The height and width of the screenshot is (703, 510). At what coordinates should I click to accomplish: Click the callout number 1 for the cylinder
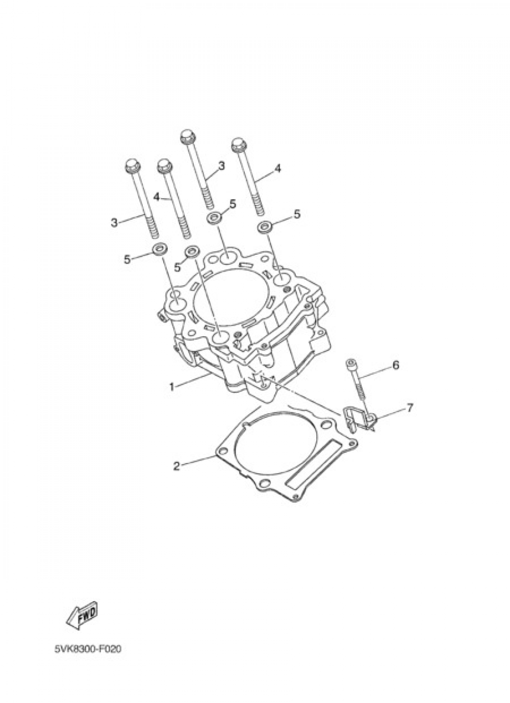172,387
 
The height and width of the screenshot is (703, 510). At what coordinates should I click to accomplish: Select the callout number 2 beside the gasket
176,466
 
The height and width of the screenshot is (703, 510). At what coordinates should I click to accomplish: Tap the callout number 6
395,365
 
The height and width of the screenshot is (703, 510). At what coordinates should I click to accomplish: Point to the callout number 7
410,408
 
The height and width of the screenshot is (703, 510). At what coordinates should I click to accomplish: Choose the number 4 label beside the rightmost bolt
277,168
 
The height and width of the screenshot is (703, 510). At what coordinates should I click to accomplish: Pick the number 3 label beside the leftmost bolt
114,222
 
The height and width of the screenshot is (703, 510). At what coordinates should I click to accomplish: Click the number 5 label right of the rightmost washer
297,214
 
